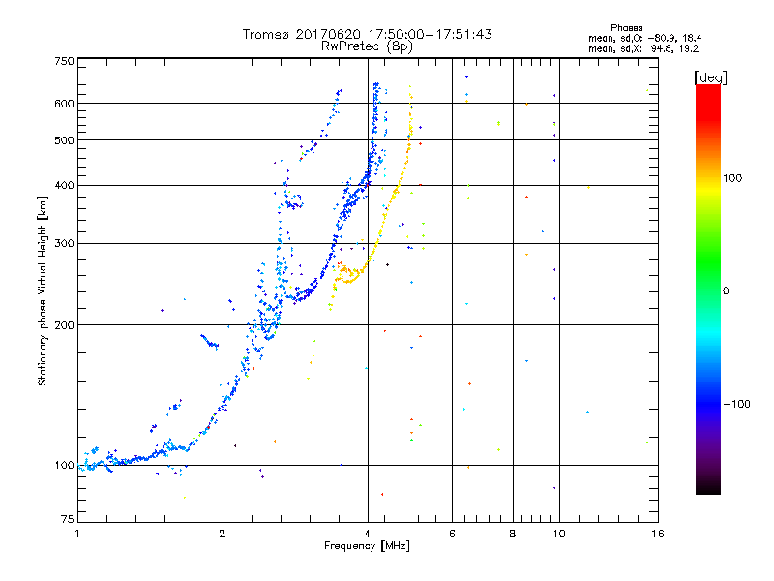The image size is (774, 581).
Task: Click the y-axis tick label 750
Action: click(63, 60)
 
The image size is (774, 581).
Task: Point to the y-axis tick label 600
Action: click(63, 104)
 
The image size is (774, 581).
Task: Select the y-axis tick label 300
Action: click(63, 244)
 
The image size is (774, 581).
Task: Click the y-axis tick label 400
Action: click(63, 185)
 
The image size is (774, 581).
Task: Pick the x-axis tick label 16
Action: click(657, 534)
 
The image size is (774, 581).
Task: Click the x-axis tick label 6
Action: click(452, 534)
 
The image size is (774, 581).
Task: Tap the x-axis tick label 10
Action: click(558, 534)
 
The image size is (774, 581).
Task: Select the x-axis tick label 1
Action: click(77, 534)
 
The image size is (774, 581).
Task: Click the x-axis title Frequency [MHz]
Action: click(367, 546)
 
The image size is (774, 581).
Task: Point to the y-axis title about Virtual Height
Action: click(43, 290)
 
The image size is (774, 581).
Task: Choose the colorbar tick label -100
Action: click(738, 404)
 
